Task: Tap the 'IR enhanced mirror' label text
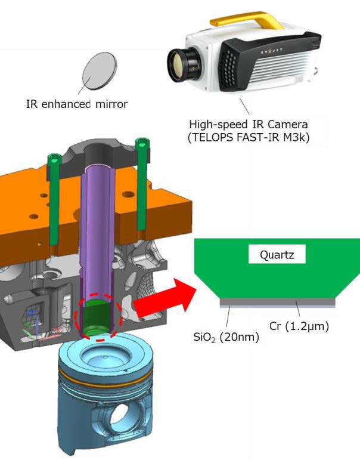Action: coord(77,104)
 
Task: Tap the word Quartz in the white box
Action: coord(277,255)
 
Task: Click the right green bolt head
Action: coord(141,143)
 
